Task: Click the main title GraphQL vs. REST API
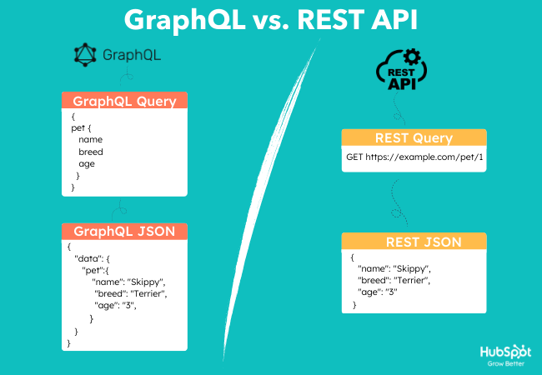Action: click(271, 20)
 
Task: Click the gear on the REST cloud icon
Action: click(411, 58)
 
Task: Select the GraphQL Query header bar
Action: click(124, 102)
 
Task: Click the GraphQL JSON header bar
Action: click(124, 231)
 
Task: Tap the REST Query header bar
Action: click(414, 138)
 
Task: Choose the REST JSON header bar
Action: click(414, 242)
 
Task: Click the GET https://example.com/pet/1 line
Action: click(414, 157)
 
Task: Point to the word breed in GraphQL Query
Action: click(91, 152)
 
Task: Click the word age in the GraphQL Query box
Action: click(87, 164)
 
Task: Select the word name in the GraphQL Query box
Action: click(91, 141)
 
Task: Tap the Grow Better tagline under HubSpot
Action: click(505, 363)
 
